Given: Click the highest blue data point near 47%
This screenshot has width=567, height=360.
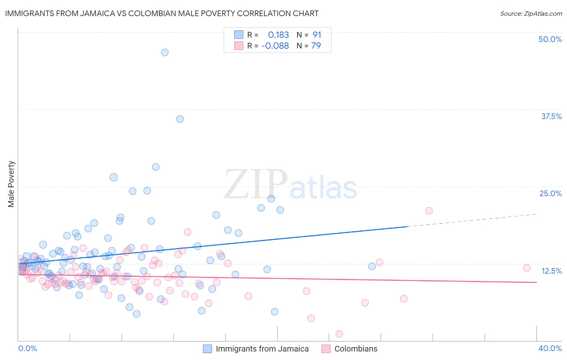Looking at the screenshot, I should [165, 52].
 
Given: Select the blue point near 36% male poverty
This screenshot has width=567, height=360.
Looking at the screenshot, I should [180, 119].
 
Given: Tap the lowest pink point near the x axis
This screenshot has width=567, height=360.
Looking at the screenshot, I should [339, 334].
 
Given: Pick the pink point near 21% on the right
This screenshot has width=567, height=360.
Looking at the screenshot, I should [429, 211].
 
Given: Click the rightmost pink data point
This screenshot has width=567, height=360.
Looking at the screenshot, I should [526, 268].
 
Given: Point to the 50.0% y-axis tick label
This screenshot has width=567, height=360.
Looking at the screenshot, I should [550, 39].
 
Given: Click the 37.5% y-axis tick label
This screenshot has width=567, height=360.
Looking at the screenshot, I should [551, 116].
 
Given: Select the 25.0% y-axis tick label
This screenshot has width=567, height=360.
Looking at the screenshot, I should [550, 193].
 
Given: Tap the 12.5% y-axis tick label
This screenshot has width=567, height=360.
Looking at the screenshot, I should [551, 271].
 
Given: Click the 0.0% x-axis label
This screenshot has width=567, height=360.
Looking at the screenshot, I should [27, 348].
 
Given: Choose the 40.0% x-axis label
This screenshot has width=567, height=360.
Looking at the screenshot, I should [550, 348].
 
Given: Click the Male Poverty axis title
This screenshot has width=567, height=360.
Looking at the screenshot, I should [11, 184].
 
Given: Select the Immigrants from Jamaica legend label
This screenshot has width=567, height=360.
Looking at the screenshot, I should [262, 349].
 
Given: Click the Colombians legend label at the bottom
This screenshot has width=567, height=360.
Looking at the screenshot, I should [356, 349].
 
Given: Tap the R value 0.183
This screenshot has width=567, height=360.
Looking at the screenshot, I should [278, 35].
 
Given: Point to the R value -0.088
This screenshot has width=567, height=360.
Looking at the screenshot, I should [275, 46].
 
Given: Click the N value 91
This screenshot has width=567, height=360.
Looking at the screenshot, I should [317, 35].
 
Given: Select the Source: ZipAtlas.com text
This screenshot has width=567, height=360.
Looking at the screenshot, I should [531, 14].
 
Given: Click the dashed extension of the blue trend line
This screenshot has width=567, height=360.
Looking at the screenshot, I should [472, 220].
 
